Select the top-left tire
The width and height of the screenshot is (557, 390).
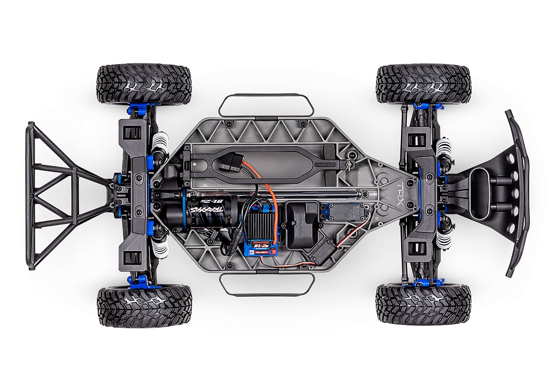(x=144, y=84)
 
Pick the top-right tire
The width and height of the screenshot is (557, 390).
(x=423, y=84)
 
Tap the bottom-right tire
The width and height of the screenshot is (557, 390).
(x=423, y=305)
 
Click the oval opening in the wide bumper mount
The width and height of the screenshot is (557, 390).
(x=479, y=192)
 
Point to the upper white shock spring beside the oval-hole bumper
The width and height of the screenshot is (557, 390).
(x=446, y=148)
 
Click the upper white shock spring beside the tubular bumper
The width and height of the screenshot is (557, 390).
(x=160, y=147)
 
